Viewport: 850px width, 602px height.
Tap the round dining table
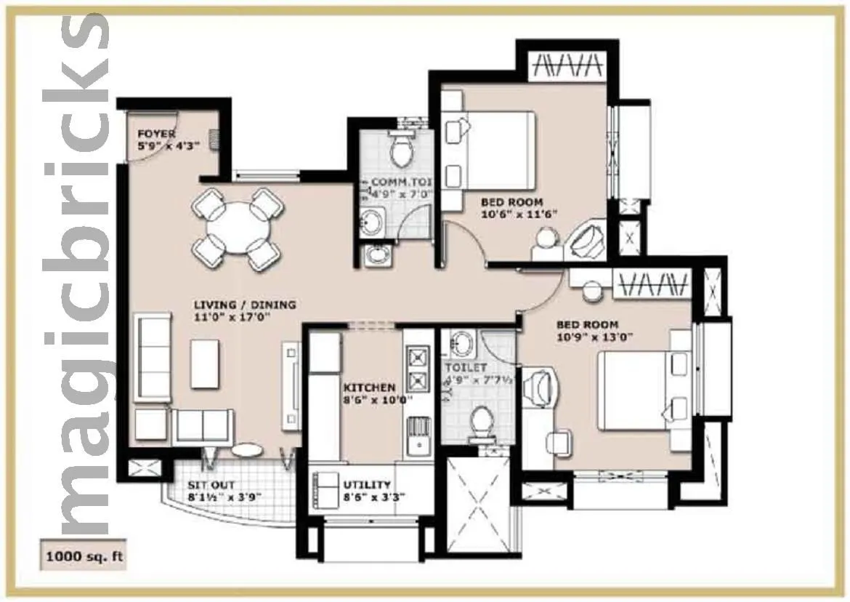(x=237, y=228)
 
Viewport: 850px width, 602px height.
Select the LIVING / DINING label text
(x=244, y=305)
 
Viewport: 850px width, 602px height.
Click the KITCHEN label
(x=370, y=388)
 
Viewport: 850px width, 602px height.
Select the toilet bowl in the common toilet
(x=400, y=150)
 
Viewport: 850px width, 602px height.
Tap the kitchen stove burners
(x=418, y=370)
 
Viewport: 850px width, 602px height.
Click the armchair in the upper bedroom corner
(x=587, y=240)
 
